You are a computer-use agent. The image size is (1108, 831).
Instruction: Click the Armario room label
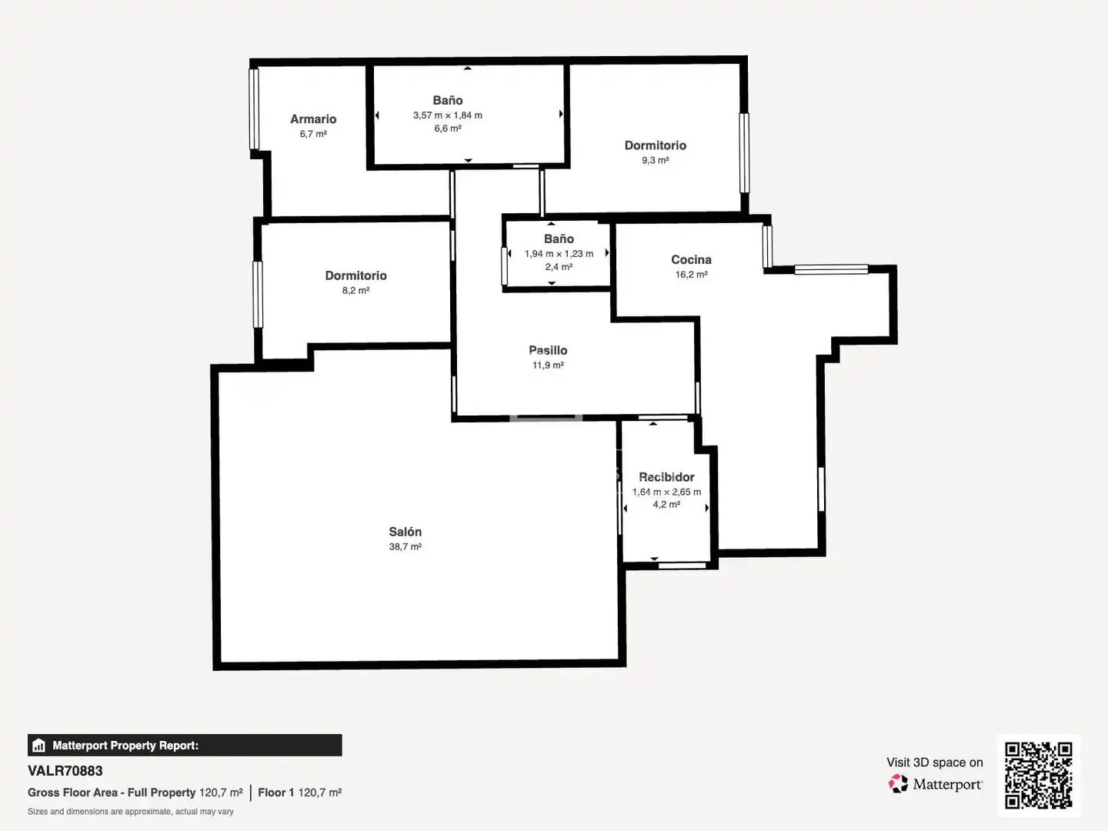coord(313,119)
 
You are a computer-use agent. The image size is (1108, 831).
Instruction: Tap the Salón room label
coord(405,531)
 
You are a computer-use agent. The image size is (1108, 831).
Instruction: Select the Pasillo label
coord(548,350)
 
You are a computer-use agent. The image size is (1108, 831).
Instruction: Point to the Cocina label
coord(691,260)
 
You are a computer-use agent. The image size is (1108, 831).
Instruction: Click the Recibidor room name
coord(666,477)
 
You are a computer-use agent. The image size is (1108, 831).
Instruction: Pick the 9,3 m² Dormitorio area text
coord(656,161)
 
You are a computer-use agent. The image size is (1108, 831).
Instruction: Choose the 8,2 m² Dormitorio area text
coord(355,291)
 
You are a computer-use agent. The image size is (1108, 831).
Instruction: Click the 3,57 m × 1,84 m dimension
coord(447,115)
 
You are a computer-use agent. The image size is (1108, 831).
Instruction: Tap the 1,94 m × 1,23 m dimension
coord(559,254)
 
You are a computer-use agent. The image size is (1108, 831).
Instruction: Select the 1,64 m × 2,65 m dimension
coord(666,492)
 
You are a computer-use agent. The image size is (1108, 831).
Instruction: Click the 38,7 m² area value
coord(405,546)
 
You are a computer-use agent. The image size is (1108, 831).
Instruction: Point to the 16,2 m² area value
coord(691,275)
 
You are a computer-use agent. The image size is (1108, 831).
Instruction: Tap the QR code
coord(1038,775)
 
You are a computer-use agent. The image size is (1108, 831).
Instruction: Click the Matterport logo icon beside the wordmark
coord(898,783)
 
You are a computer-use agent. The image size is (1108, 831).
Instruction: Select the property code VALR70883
coord(65,771)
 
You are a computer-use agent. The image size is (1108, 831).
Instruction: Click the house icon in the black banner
coord(39,746)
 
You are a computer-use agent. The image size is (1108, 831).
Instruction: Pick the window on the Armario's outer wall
coord(255,109)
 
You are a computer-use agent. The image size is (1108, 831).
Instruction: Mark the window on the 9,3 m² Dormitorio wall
coord(744,153)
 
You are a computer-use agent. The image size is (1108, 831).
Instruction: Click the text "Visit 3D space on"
coord(934,763)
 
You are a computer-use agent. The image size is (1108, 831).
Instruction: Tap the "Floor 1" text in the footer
coord(275,793)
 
